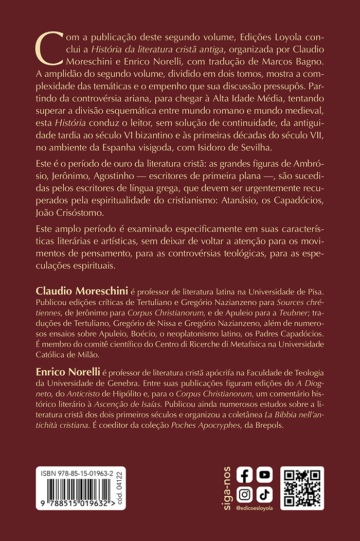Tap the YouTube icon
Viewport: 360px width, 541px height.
264,475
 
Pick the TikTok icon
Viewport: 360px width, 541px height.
264,494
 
